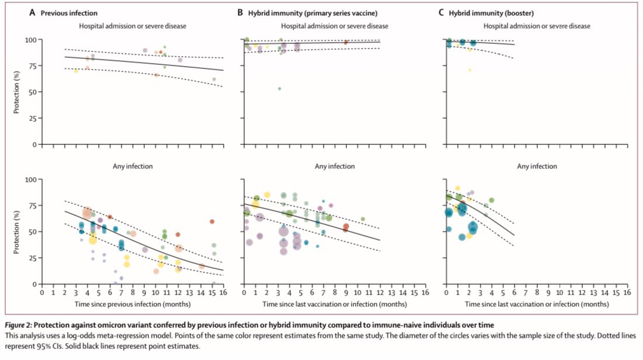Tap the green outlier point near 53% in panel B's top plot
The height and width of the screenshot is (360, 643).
click(x=280, y=89)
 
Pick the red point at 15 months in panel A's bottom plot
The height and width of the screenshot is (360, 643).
click(x=212, y=221)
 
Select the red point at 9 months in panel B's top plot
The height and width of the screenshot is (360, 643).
click(x=346, y=43)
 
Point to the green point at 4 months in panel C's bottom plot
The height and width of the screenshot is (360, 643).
click(x=492, y=200)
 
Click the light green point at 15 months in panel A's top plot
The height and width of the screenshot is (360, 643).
click(x=214, y=79)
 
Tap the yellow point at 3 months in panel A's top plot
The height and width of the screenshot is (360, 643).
click(x=76, y=71)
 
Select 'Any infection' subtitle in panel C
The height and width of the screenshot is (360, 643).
click(x=537, y=167)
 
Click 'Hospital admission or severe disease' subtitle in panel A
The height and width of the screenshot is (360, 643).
click(x=132, y=26)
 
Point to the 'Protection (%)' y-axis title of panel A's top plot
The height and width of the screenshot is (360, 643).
click(x=19, y=92)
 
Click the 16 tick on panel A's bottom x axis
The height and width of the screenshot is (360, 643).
click(x=224, y=292)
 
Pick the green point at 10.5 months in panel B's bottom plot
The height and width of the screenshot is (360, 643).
click(x=363, y=219)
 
